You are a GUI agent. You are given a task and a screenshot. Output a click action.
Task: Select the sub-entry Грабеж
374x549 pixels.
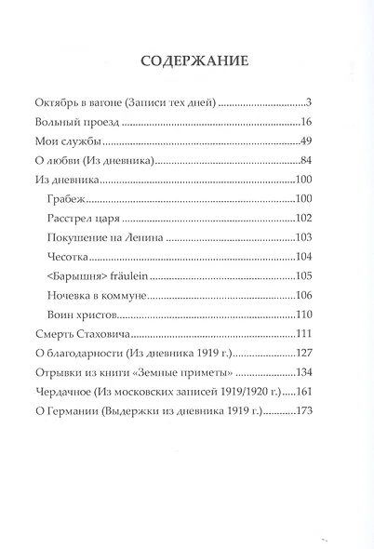coord(64,199)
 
